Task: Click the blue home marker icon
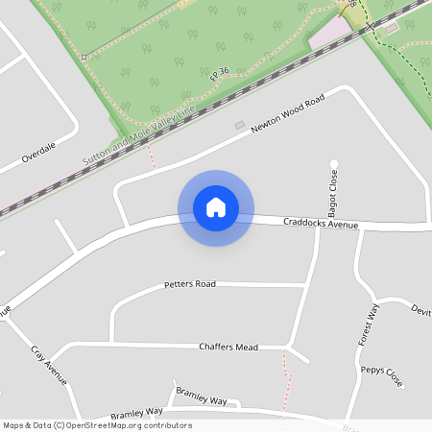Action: pos(216,207)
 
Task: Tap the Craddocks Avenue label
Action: pos(321,224)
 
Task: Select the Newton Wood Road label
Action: pos(288,114)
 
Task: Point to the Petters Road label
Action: pos(190,284)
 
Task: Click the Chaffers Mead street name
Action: pos(228,346)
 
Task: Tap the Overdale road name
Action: pos(39,150)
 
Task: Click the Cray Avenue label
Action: pos(49,366)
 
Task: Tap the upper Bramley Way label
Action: pos(201,397)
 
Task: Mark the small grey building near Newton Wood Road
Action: pos(239,125)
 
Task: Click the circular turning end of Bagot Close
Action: pos(334,163)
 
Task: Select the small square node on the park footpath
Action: pos(84,58)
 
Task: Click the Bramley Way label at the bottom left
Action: pos(136,412)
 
